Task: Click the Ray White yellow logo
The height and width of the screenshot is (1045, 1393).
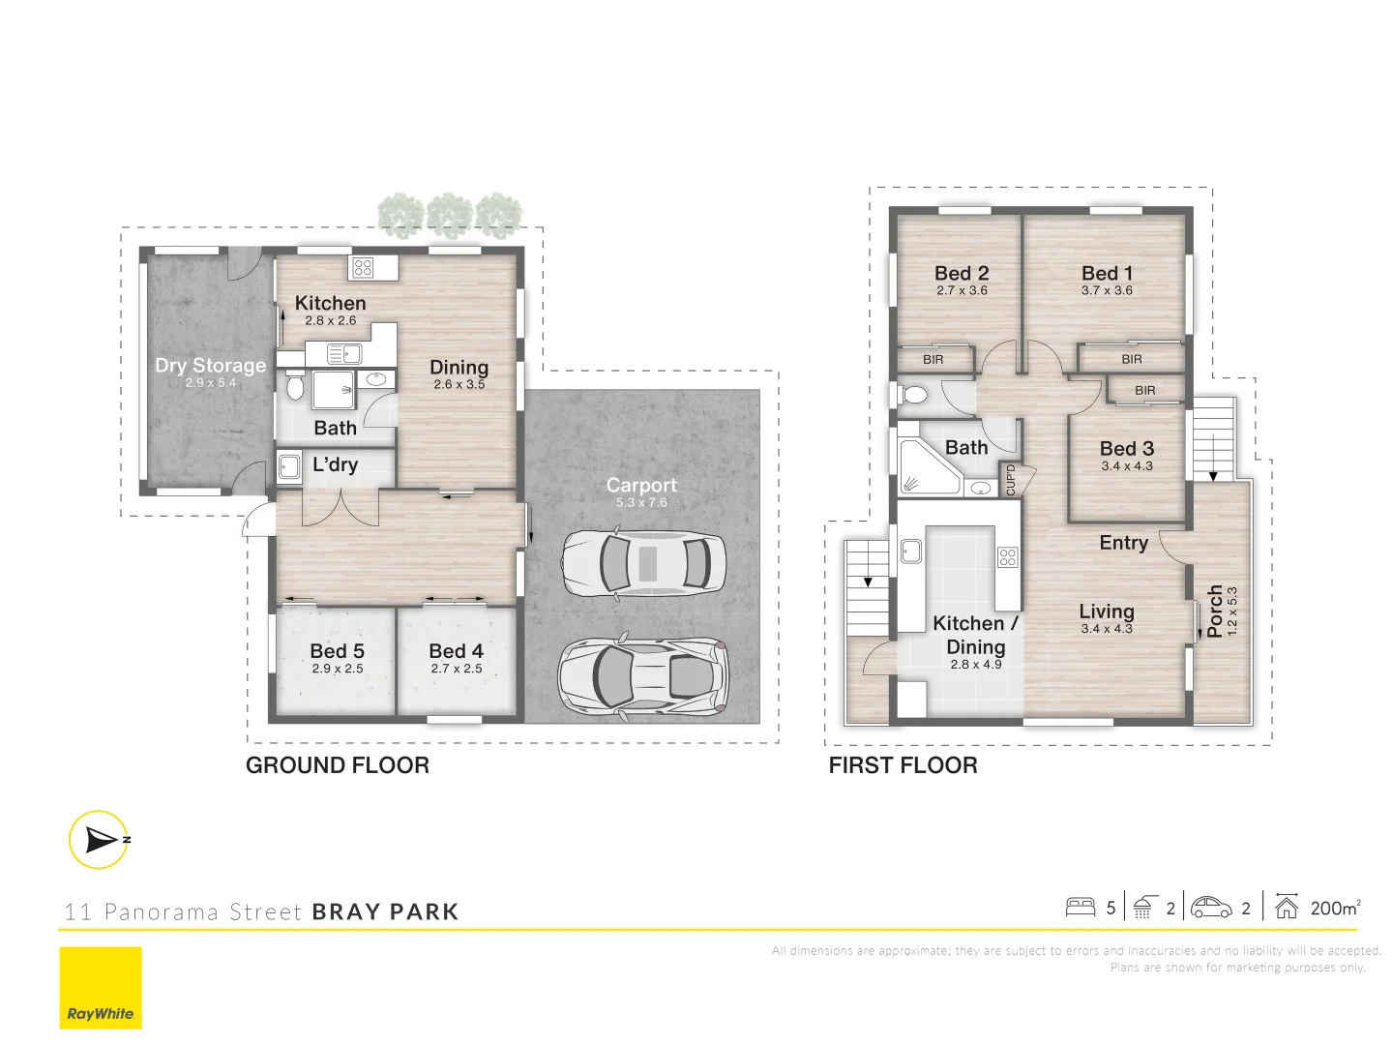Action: (101, 988)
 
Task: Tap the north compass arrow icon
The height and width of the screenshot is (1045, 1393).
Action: (99, 840)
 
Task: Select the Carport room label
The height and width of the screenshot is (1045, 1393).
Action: (641, 486)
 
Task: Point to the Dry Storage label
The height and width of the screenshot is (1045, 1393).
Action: (210, 366)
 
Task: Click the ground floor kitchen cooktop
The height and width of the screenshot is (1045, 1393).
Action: (364, 267)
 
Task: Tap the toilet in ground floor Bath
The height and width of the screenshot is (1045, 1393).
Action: (295, 388)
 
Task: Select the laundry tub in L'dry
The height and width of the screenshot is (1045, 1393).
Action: (289, 467)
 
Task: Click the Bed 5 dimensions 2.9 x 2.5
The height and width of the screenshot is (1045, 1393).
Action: (338, 669)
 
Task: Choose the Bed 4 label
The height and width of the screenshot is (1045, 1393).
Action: (456, 651)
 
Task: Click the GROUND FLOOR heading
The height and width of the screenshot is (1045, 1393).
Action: (338, 765)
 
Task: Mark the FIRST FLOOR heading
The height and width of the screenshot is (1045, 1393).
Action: (903, 765)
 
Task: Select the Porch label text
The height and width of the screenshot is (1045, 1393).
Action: (1215, 611)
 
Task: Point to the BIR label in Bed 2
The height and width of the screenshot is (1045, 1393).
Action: (933, 360)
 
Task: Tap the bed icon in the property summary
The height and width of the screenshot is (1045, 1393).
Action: (1080, 908)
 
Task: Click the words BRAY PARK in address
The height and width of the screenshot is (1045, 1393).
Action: (385, 911)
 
